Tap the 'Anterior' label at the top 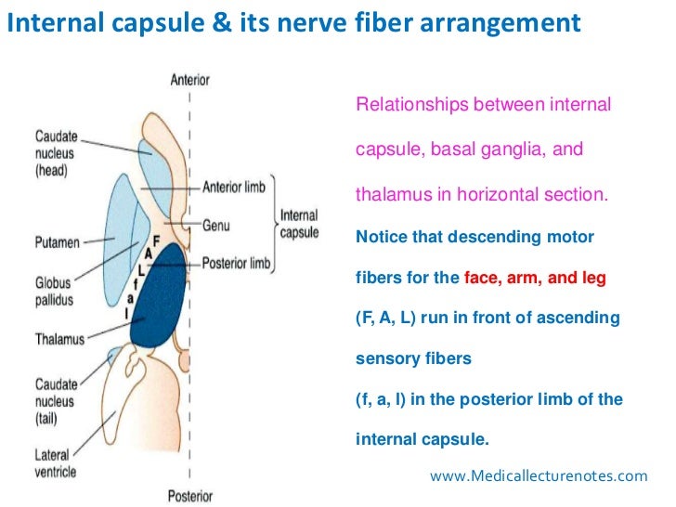pyautogui.click(x=190, y=80)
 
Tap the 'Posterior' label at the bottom pyautogui.click(x=190, y=495)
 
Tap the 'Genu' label pyautogui.click(x=216, y=224)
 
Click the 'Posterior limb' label pyautogui.click(x=236, y=264)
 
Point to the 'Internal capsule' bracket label pyautogui.click(x=300, y=225)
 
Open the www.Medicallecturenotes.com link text pyautogui.click(x=539, y=475)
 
